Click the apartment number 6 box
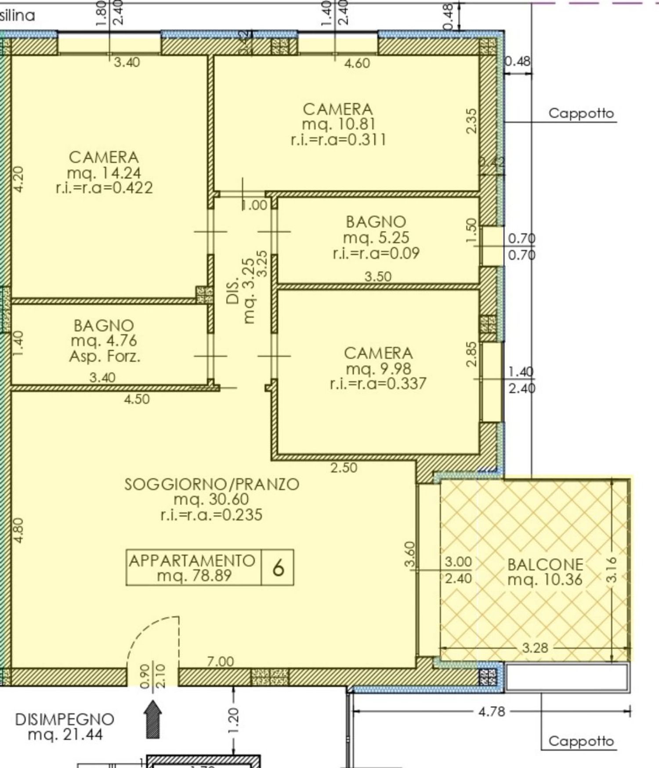click(278, 568)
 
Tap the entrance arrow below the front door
click(153, 719)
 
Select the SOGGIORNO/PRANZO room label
click(212, 484)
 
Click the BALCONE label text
click(545, 564)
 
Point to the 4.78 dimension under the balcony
click(491, 711)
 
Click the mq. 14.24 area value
click(104, 173)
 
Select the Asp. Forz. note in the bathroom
click(105, 356)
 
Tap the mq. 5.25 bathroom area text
click(376, 237)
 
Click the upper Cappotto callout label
click(581, 113)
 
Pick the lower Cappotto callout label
click(581, 741)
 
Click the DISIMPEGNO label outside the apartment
click(65, 720)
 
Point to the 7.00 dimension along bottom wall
click(220, 661)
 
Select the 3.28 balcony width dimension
click(535, 648)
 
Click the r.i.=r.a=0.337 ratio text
click(378, 383)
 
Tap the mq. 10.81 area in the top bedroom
click(338, 124)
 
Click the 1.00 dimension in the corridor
click(255, 205)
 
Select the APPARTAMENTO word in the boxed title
click(192, 561)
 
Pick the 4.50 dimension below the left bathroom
click(137, 399)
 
